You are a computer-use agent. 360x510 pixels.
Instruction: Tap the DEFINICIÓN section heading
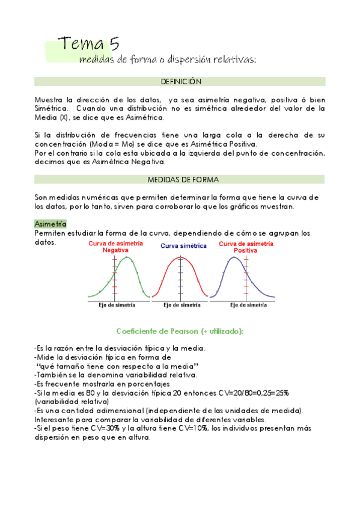coord(180,81)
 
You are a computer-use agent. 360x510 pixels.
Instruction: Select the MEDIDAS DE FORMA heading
coord(180,179)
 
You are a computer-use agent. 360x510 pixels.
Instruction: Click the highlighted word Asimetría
coord(50,223)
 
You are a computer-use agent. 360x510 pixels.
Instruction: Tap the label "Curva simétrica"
coord(183,246)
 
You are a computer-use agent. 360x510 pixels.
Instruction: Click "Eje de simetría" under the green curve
coord(117,305)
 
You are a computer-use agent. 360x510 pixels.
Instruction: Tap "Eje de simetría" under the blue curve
coord(248,305)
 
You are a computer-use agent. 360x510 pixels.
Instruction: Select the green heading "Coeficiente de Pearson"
coord(180,331)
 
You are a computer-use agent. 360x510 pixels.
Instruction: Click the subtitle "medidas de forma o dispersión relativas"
coord(168,59)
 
